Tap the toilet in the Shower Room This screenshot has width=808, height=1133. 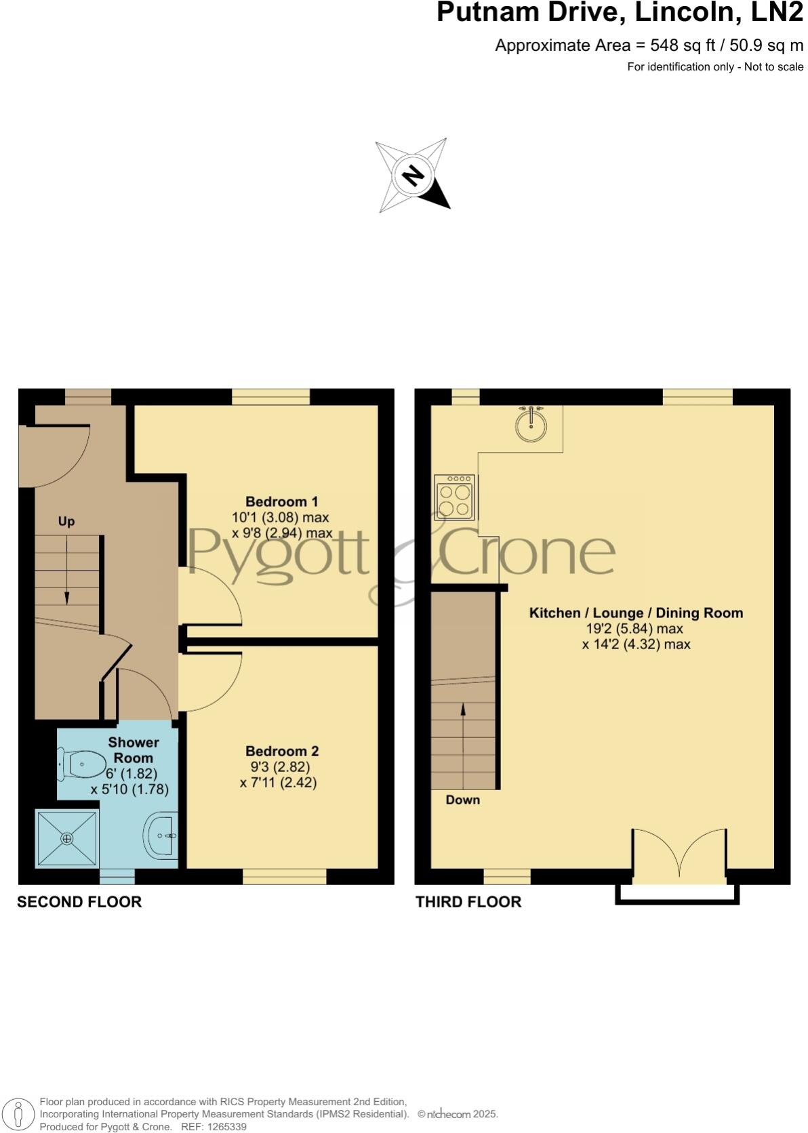tap(82, 764)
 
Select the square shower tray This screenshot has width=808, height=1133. tap(67, 839)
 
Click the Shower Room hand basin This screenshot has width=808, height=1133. tap(162, 836)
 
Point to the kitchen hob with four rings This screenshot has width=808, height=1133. tap(455, 497)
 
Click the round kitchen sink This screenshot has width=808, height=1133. tap(531, 425)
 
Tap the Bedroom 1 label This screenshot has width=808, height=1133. tap(281, 501)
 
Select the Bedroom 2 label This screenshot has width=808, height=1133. tap(281, 751)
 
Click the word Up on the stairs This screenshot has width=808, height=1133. tap(66, 521)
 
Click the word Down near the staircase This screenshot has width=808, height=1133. tap(463, 800)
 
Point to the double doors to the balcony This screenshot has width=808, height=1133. tap(680, 855)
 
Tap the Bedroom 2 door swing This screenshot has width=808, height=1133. tap(210, 681)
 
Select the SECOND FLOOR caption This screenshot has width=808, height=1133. tap(79, 902)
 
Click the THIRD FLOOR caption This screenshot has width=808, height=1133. tap(468, 902)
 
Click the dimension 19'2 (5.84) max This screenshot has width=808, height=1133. tap(635, 628)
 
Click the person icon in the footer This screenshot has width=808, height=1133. tap(19, 1114)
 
